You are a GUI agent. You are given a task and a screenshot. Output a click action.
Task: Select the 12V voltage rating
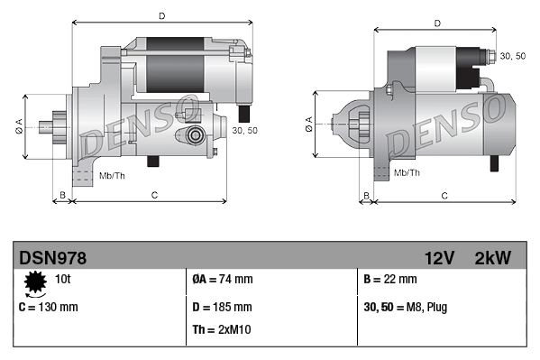443,258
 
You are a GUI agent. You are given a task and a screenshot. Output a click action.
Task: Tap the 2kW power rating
492,258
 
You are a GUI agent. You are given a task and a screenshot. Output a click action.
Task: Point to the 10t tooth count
63,280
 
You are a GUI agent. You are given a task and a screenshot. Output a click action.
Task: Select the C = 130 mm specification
49,307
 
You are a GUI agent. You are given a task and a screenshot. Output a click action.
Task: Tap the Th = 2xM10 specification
222,329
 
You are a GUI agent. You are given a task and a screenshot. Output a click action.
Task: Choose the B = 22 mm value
389,280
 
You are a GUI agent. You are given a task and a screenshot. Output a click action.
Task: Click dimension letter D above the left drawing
161,15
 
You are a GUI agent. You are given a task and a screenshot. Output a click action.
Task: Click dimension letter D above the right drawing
436,23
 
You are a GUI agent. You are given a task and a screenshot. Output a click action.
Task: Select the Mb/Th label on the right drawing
407,171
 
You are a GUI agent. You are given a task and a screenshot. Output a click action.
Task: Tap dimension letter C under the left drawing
154,195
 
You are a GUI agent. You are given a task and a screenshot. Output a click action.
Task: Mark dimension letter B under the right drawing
365,195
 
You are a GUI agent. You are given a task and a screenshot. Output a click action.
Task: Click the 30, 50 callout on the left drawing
244,131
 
